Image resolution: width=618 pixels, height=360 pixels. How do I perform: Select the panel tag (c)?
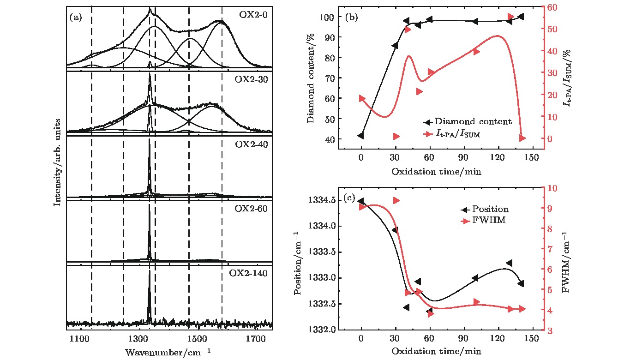[350, 199]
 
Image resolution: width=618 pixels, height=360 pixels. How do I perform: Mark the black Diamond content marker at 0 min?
[360, 136]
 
